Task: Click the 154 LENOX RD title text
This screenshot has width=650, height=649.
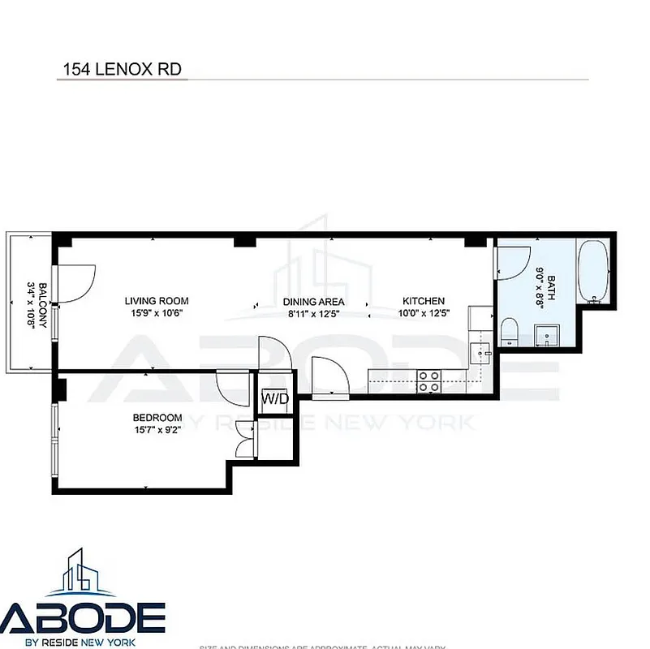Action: (121, 70)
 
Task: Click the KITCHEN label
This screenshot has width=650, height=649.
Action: (423, 301)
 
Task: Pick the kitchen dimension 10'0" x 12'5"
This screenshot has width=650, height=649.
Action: (423, 312)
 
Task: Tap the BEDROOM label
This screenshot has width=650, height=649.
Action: (157, 418)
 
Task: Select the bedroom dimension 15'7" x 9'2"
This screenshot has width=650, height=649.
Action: (157, 430)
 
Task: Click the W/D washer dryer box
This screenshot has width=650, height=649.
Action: (270, 399)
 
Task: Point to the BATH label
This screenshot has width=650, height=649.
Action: (551, 286)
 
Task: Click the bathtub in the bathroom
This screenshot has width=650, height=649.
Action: (594, 271)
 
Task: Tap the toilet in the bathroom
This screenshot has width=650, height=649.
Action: (510, 331)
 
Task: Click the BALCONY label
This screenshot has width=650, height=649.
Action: (32, 303)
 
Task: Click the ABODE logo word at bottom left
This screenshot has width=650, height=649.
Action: (83, 617)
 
